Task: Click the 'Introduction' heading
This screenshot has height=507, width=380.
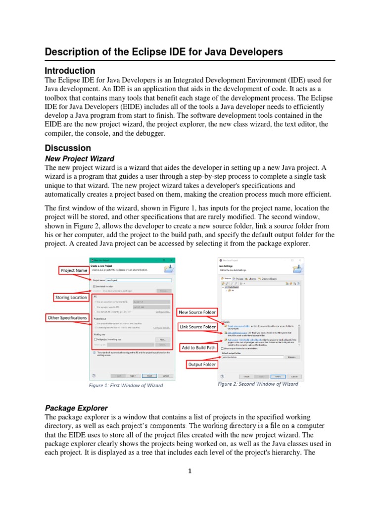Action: [70, 70]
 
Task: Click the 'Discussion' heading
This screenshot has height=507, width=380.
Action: [68, 148]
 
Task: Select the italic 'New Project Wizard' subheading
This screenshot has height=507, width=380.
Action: [79, 159]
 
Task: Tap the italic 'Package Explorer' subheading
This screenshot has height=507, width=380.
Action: [76, 408]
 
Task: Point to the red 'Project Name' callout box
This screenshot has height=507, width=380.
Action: [74, 270]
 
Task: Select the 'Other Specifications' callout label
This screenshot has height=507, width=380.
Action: [67, 317]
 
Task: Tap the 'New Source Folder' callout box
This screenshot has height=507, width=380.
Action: [197, 312]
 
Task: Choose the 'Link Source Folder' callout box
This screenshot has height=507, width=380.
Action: [197, 327]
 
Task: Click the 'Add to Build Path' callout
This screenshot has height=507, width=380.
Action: [198, 348]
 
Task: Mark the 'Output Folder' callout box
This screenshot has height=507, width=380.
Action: [201, 365]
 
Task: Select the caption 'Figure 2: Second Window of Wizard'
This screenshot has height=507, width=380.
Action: [258, 384]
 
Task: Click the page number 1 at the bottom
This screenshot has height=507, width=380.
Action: [190, 471]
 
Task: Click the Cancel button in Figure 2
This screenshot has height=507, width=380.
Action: [294, 376]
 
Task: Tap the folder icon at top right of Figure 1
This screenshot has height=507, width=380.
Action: [168, 269]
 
